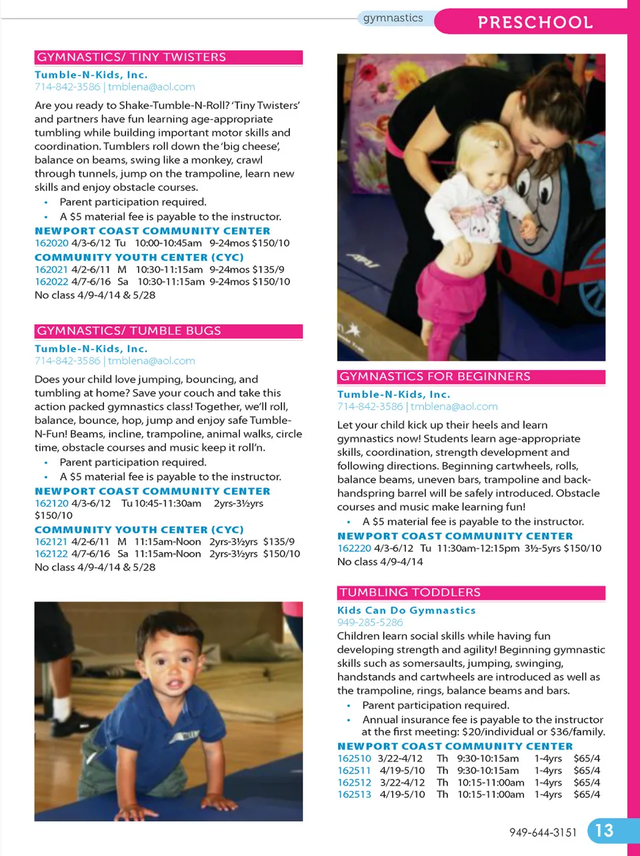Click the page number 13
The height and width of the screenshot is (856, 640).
[x=604, y=831]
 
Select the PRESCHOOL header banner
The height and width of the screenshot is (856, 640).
[x=535, y=22]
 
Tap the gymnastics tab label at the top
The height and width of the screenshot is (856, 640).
[x=393, y=18]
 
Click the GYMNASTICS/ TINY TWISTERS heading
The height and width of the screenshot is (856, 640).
[x=131, y=57]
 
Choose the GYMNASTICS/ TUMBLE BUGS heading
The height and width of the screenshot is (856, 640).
[x=129, y=331]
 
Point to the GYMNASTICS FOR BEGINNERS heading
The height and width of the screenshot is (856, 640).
[x=435, y=377]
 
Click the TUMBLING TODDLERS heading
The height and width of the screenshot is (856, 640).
[x=410, y=592]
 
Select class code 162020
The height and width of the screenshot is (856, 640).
[x=51, y=243]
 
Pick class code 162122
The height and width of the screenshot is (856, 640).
[x=51, y=554]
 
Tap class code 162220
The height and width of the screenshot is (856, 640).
[x=354, y=548]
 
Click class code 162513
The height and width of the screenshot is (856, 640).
[x=354, y=795]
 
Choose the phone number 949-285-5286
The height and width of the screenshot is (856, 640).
[x=370, y=623]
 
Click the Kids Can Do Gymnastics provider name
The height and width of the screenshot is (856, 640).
[x=406, y=610]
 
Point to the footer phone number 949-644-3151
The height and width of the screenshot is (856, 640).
[x=543, y=832]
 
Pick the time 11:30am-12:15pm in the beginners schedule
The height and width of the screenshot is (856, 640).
[x=478, y=548]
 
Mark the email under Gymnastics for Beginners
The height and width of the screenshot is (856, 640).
[x=454, y=407]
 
